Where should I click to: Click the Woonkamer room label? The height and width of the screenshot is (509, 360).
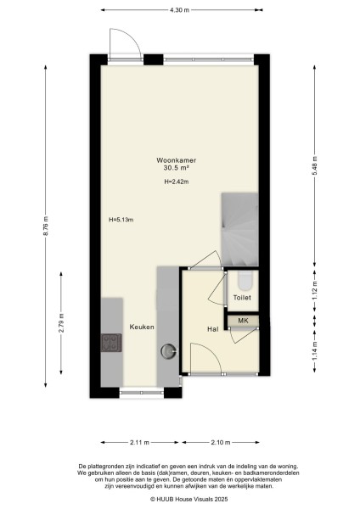[176, 160]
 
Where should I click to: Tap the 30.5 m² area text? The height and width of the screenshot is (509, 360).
[176, 168]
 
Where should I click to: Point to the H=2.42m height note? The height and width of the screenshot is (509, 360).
[176, 182]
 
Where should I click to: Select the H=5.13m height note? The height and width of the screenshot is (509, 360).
[121, 220]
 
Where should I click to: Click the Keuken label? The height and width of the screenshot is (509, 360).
[142, 327]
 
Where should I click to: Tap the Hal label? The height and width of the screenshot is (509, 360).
[213, 329]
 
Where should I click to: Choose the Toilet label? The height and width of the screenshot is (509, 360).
[242, 298]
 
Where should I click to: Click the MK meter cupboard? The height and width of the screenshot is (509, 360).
[243, 321]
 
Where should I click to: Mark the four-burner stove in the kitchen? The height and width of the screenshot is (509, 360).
[111, 343]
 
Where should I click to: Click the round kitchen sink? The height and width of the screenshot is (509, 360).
[169, 351]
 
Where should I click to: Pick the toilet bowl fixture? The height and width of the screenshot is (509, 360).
[245, 280]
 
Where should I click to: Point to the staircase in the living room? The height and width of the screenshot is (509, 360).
[239, 229]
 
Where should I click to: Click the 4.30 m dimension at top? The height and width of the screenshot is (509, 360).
[179, 9]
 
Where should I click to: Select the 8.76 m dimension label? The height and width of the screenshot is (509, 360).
[46, 226]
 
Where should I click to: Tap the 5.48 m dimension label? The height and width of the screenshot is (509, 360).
[314, 165]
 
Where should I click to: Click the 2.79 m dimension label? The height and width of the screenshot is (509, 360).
[61, 323]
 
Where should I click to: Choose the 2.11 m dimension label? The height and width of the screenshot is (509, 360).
[140, 442]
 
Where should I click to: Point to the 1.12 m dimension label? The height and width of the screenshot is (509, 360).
[314, 289]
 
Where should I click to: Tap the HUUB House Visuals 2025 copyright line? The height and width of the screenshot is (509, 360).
[188, 499]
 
